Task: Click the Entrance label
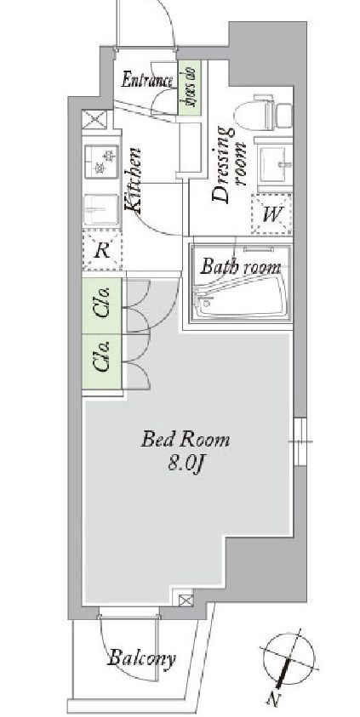147,81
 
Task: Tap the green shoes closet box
190,88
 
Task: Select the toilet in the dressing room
263,112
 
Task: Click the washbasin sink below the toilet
273,163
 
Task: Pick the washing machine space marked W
271,214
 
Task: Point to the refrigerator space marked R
102,250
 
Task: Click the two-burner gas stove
101,162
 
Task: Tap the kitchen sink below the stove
101,209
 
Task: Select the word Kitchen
133,179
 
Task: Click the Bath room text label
241,266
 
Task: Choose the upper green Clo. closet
102,305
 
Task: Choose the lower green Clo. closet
102,361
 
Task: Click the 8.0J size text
186,464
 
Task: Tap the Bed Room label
186,440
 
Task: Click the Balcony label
141,658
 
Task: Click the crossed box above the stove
94,119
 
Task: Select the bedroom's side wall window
300,441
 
